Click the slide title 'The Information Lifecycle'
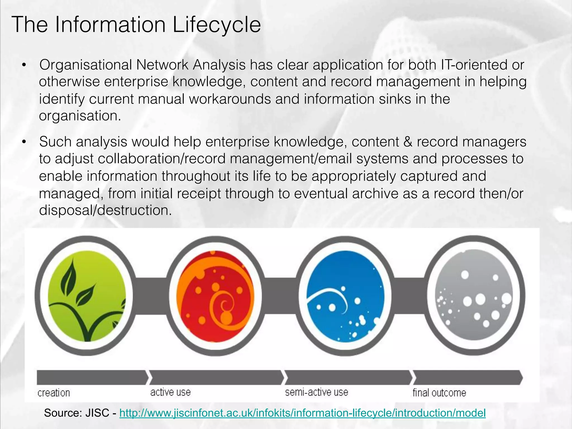[x=136, y=25]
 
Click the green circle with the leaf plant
[x=87, y=296]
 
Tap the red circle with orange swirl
[x=215, y=296]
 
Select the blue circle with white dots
[x=345, y=296]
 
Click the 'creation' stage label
[x=54, y=393]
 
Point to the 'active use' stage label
[x=170, y=392]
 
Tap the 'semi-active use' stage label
[x=316, y=392]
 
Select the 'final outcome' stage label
[x=439, y=393]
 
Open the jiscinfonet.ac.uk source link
[x=302, y=413]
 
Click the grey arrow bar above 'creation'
[x=92, y=377]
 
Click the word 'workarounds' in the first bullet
[x=230, y=99]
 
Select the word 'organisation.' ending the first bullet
[x=80, y=116]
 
